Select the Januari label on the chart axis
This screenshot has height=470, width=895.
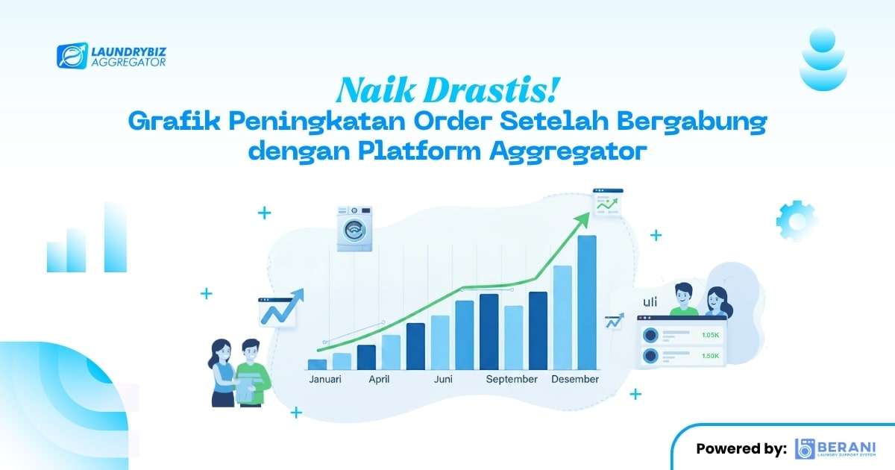click(325, 380)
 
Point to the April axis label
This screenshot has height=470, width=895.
click(379, 380)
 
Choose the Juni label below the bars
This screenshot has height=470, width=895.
click(443, 380)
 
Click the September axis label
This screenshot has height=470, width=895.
click(512, 380)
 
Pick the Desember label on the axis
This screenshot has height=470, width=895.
click(575, 380)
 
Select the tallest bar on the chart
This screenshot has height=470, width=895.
click(587, 302)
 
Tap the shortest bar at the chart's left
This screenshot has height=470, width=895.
click(317, 364)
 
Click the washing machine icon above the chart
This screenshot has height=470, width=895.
click(354, 229)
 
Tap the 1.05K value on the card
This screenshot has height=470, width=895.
click(710, 336)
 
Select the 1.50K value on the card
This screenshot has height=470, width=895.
click(710, 356)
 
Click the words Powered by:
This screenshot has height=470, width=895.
click(741, 449)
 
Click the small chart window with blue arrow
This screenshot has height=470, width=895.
click(278, 311)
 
